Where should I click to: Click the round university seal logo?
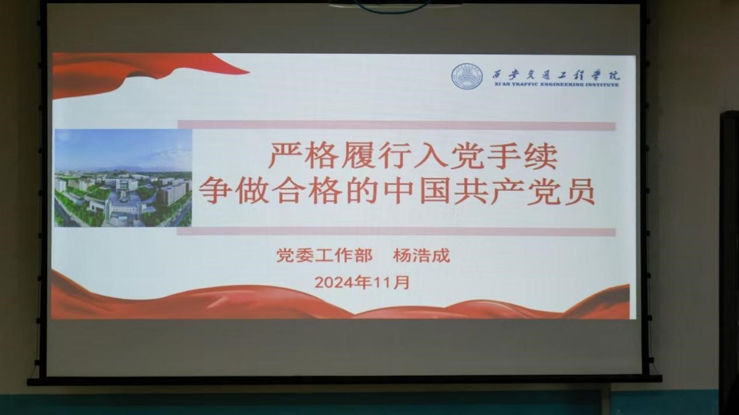click(x=467, y=76)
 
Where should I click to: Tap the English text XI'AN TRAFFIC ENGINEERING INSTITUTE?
click(x=556, y=85)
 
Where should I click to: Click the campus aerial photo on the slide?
click(x=123, y=177)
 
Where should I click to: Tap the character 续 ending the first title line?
click(x=541, y=155)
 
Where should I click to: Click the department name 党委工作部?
click(x=324, y=255)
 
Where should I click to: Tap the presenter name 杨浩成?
click(x=421, y=255)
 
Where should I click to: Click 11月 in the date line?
click(x=391, y=283)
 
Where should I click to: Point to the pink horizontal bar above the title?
click(x=397, y=125)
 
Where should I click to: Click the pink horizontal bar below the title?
click(x=396, y=232)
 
